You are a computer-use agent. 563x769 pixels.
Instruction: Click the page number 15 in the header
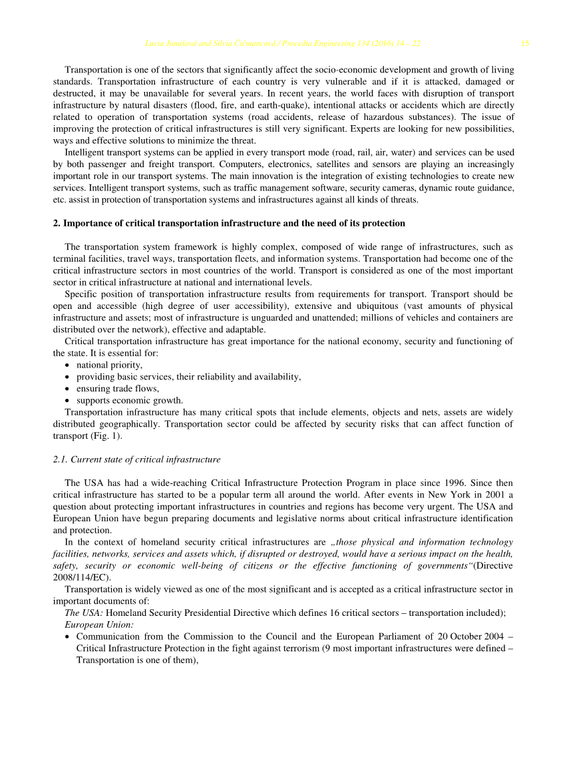tap(525, 44)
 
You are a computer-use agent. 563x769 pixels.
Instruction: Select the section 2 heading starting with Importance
tap(229, 223)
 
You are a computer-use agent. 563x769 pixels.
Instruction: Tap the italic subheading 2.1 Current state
tap(136, 459)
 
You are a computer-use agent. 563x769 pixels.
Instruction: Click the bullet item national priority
tap(109, 365)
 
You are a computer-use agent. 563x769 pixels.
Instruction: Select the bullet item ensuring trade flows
tap(118, 389)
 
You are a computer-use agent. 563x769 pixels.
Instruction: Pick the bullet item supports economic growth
tap(130, 401)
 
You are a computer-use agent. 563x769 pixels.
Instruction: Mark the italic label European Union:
tap(99, 625)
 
